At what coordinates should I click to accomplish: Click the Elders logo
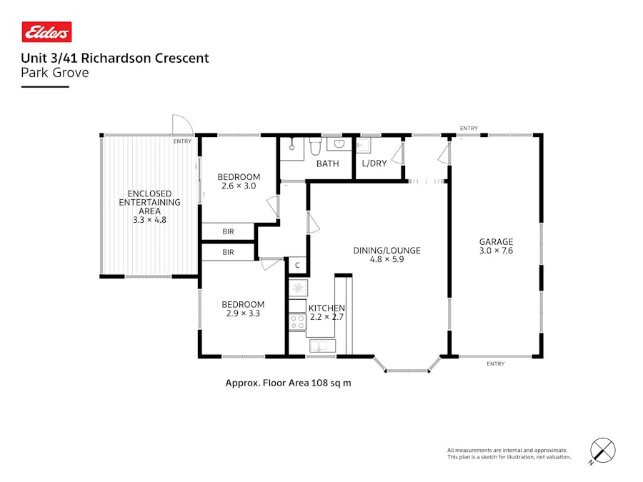(46, 32)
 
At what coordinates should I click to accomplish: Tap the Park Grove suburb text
(54, 72)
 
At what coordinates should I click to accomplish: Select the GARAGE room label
(496, 241)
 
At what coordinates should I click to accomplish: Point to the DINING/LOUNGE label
(387, 251)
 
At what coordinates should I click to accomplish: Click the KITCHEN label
(327, 308)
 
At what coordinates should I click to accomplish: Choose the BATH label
(327, 164)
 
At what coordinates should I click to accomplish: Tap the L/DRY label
(374, 164)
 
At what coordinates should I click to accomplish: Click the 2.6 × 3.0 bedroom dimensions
(238, 186)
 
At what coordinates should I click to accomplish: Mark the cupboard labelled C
(297, 266)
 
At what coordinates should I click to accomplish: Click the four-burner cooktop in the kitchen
(297, 321)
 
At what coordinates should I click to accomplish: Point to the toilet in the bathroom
(315, 146)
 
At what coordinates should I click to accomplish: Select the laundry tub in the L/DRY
(363, 146)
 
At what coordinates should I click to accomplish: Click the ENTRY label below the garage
(495, 364)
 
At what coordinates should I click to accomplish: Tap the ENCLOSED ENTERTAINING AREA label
(149, 202)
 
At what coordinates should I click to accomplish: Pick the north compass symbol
(603, 451)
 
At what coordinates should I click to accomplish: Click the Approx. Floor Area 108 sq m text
(288, 383)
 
